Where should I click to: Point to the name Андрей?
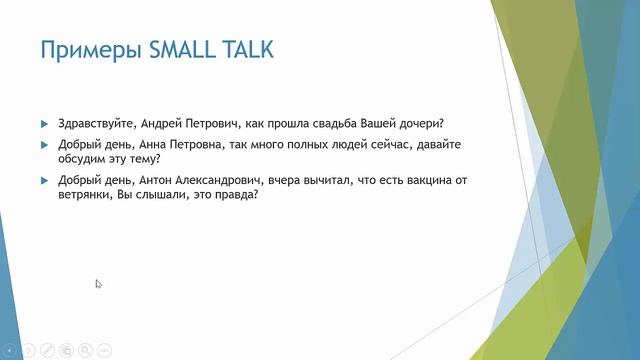click(160, 124)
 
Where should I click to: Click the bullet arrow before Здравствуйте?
click(44, 124)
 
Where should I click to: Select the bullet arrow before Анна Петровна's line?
click(44, 145)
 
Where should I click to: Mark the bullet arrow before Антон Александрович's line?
click(44, 180)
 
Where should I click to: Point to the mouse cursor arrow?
click(98, 284)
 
